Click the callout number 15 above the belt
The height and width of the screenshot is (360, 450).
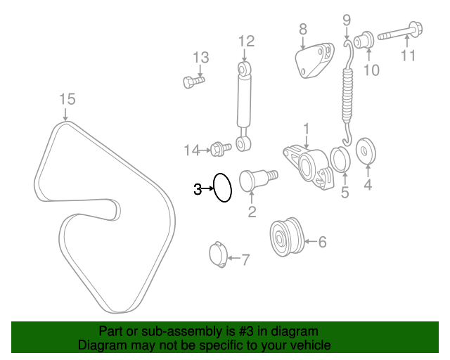[x=67, y=99]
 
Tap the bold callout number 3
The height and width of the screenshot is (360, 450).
[x=198, y=189]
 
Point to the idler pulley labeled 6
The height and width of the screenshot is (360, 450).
[x=287, y=237]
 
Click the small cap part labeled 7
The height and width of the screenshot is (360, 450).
[x=218, y=255]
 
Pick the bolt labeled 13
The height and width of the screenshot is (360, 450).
[x=194, y=82]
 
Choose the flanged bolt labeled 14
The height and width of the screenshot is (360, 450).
[x=221, y=149]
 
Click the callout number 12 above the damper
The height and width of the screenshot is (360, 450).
[x=247, y=41]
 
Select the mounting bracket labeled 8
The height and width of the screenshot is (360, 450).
[x=315, y=60]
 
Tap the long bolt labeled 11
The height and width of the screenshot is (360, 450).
[x=400, y=32]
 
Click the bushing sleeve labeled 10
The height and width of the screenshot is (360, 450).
[x=364, y=40]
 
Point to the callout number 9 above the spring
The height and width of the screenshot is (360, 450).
[x=347, y=20]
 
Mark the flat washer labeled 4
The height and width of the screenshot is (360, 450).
[x=366, y=151]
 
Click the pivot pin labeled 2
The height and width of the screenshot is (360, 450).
[x=258, y=180]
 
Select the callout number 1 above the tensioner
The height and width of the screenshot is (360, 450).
[x=307, y=129]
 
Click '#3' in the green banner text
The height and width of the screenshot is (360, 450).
[x=246, y=331]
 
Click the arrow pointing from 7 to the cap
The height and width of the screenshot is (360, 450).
[x=234, y=258]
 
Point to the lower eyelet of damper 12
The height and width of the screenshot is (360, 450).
[x=243, y=144]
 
